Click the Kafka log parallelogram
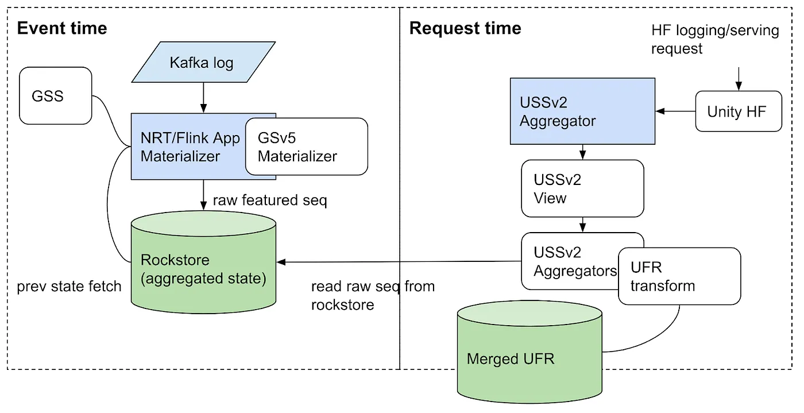(x=201, y=63)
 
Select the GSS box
(x=55, y=95)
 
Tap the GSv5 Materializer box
(x=306, y=147)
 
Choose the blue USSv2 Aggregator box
(x=582, y=111)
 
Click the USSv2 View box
(x=582, y=188)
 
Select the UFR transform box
(x=679, y=276)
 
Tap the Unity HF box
(x=739, y=111)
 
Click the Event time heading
(x=62, y=28)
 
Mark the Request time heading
(x=465, y=28)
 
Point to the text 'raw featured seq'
(x=269, y=200)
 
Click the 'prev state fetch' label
(x=69, y=285)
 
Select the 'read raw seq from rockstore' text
(x=373, y=295)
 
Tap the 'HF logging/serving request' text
(x=714, y=39)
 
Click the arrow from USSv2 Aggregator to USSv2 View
(x=582, y=152)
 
